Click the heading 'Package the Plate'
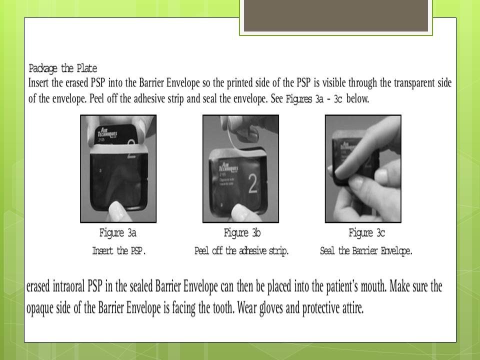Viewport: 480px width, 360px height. pyautogui.click(x=63, y=68)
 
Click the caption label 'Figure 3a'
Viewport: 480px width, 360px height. pyautogui.click(x=118, y=233)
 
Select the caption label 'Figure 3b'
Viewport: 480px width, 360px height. pyautogui.click(x=242, y=233)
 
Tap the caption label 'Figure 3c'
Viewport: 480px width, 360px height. pyautogui.click(x=366, y=233)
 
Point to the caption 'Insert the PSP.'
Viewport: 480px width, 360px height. pyautogui.click(x=119, y=251)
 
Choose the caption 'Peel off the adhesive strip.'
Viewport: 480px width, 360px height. pyautogui.click(x=241, y=251)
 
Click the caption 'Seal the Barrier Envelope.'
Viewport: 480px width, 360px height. pyautogui.click(x=366, y=251)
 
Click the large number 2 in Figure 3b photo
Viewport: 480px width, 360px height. pyautogui.click(x=253, y=185)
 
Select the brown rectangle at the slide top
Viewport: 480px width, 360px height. pyautogui.click(x=335, y=16)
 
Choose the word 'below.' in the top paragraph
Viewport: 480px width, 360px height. pyautogui.click(x=357, y=98)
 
